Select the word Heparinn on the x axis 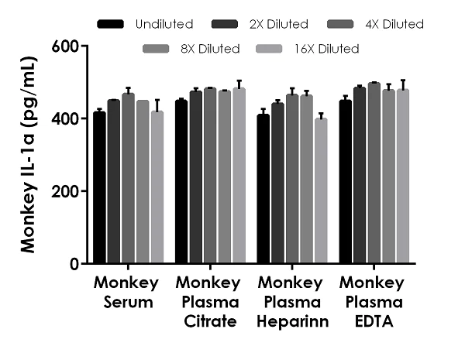[293, 322]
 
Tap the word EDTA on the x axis [372, 322]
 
